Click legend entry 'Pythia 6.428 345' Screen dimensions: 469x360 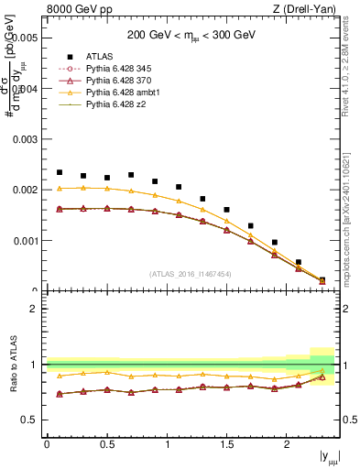(x=121, y=68)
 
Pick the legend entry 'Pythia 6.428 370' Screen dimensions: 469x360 (x=121, y=81)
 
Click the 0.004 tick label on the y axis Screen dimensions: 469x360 (x=26, y=89)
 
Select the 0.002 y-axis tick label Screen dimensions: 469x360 (x=26, y=191)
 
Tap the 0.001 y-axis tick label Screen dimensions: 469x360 (x=26, y=241)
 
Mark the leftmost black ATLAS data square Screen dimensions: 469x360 (x=60, y=172)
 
